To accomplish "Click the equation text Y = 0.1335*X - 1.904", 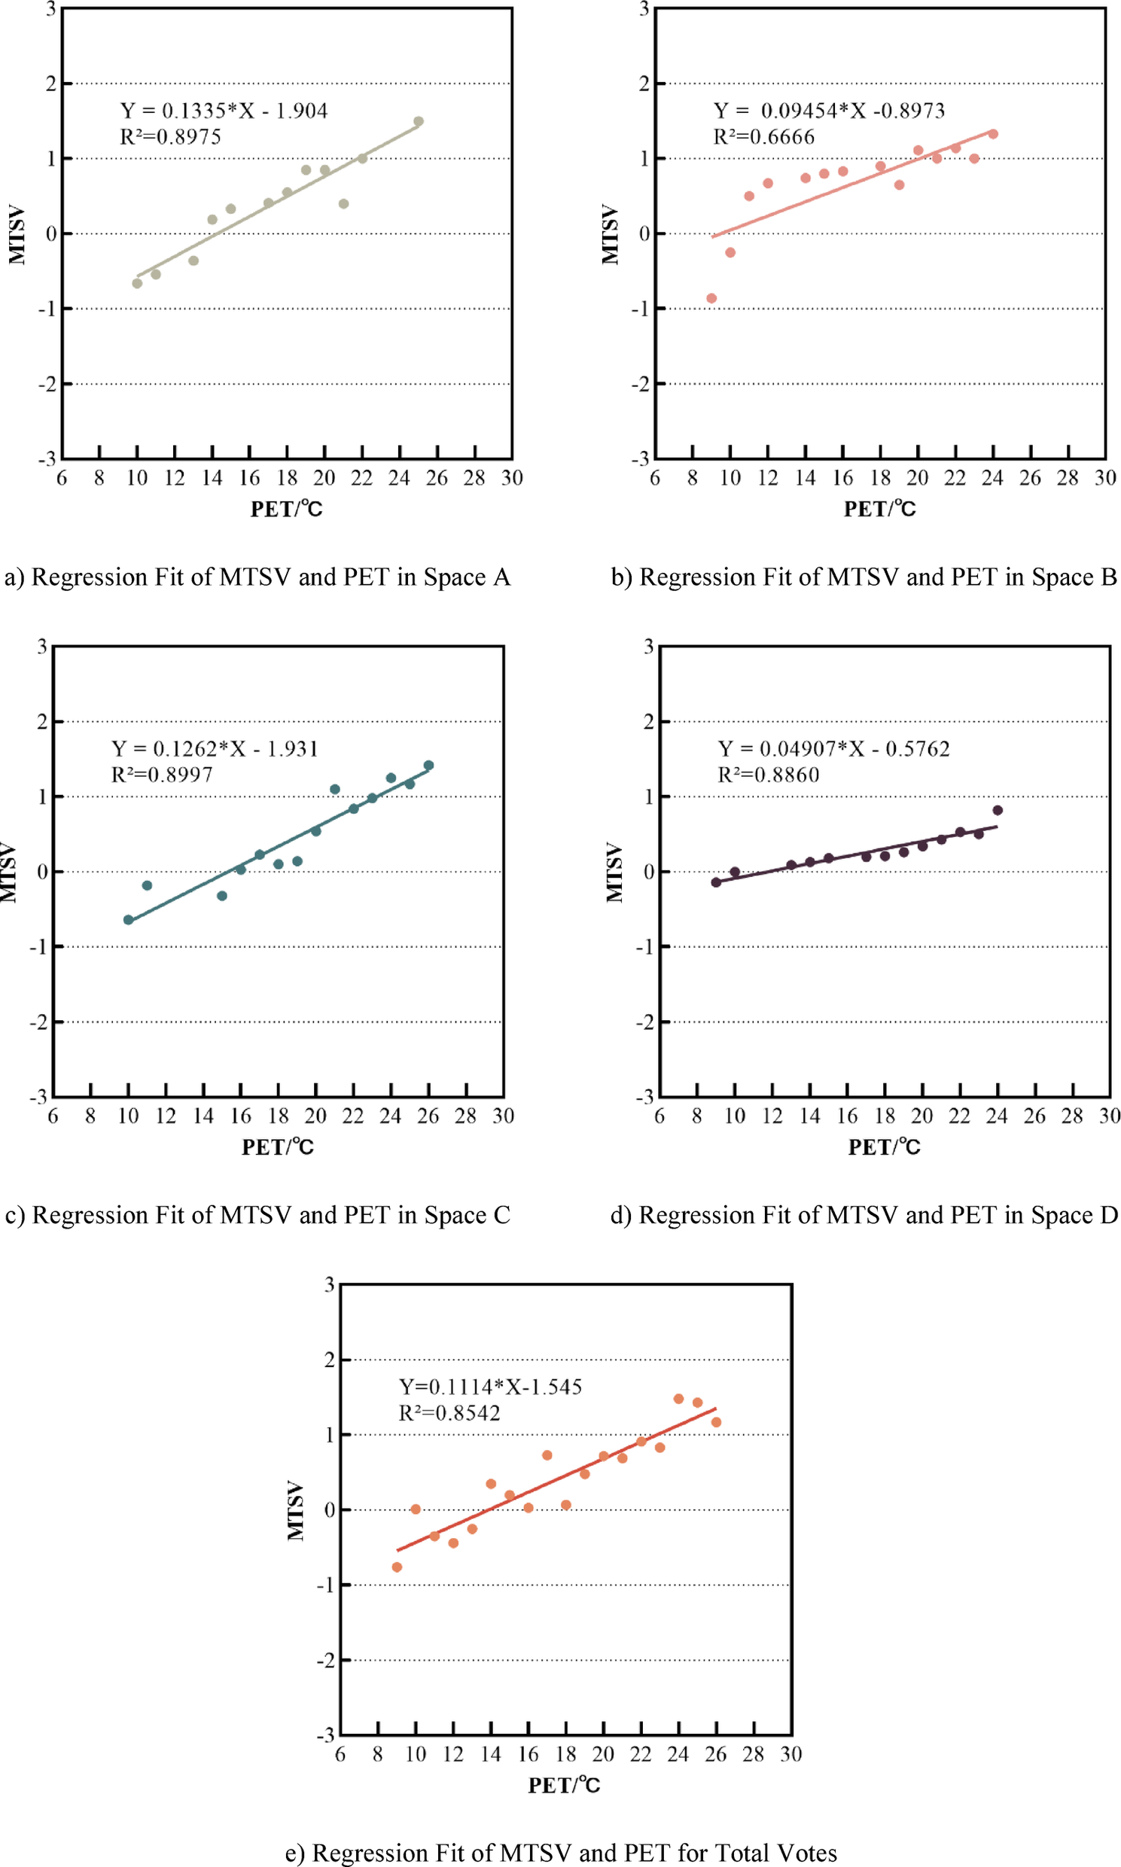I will click(x=224, y=111).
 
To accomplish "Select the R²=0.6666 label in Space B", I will click(x=763, y=137).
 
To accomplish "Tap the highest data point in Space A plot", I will click(x=419, y=121).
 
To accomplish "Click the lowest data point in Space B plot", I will click(x=711, y=298).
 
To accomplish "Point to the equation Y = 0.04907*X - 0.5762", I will click(x=833, y=748).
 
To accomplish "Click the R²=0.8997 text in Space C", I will click(x=162, y=774).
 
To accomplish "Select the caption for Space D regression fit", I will click(x=864, y=1215).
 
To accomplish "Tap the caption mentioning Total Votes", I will click(x=560, y=1853).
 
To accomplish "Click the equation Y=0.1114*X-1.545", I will click(x=490, y=1387).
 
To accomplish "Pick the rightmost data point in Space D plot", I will click(x=997, y=810).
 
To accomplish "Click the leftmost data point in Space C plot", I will click(x=129, y=920).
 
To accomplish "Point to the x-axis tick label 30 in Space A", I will click(x=511, y=478).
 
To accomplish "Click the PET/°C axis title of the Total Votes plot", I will click(x=564, y=1785).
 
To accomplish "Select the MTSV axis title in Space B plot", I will click(x=610, y=234).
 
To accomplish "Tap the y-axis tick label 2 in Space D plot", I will click(x=648, y=721).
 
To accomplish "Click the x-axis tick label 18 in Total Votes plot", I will click(x=566, y=1754).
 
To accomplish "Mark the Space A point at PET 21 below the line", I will click(x=344, y=204).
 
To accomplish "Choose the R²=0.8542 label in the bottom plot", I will click(x=449, y=1413).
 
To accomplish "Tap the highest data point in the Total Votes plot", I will click(x=678, y=1399).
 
